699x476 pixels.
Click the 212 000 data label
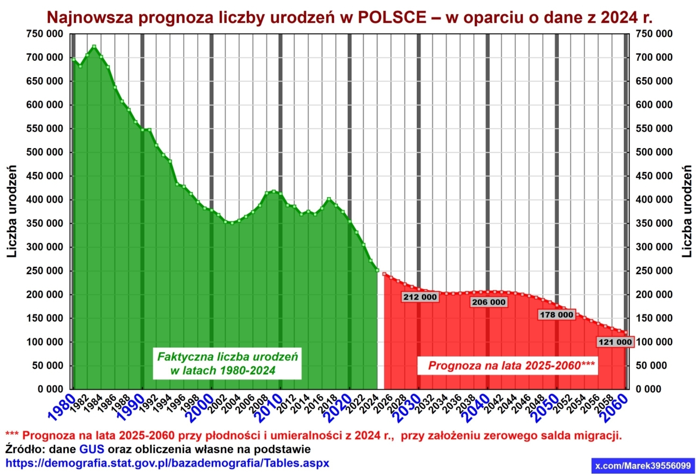point(420,297)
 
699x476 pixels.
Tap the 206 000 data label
point(489,302)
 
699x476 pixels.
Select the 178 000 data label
point(556,315)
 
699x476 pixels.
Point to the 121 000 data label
point(615,342)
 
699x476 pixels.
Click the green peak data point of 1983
point(94,47)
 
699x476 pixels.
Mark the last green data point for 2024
point(377,270)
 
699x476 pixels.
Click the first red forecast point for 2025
point(384,274)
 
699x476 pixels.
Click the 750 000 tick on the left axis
point(45,34)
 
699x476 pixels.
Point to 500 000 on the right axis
point(654,152)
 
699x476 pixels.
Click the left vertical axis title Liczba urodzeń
point(12,211)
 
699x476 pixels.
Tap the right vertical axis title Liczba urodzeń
point(687,211)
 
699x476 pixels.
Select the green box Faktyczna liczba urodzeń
point(227,363)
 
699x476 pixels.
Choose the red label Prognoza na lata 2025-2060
point(508,366)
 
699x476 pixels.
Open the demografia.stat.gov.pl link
point(167,464)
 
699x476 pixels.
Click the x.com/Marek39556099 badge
point(643,466)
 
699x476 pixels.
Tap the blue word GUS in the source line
point(92,450)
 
